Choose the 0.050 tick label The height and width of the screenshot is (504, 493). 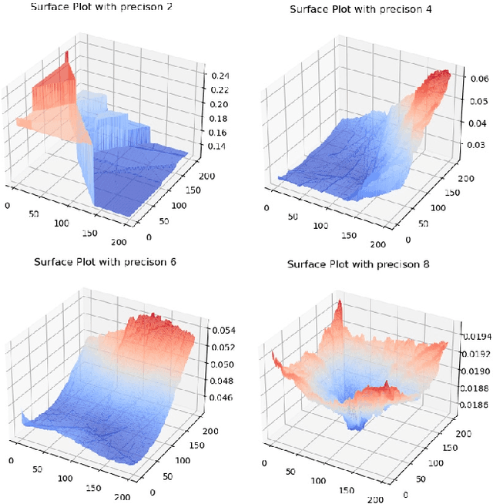[x=223, y=364]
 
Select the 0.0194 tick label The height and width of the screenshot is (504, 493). [x=475, y=338]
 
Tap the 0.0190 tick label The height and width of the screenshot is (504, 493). [x=475, y=371]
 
